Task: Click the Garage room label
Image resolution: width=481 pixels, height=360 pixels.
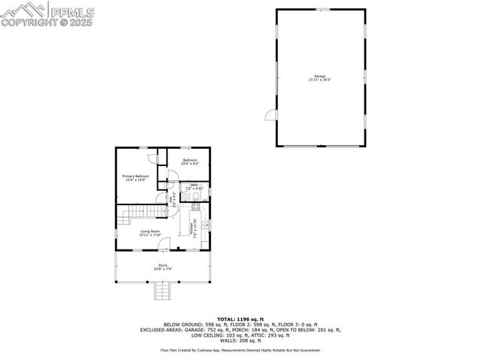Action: (x=319, y=78)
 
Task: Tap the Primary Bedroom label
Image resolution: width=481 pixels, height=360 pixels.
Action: (x=136, y=177)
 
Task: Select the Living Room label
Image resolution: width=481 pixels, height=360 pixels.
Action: (x=150, y=233)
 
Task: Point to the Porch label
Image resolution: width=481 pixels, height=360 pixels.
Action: (x=162, y=267)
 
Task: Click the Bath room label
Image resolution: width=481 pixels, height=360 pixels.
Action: (x=194, y=186)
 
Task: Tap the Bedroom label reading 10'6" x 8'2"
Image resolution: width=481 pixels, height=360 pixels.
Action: (x=189, y=162)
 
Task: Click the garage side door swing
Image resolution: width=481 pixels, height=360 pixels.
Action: (x=270, y=116)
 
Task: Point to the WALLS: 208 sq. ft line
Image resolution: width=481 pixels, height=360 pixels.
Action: (x=240, y=340)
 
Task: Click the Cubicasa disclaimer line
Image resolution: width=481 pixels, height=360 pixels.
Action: (x=240, y=350)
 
